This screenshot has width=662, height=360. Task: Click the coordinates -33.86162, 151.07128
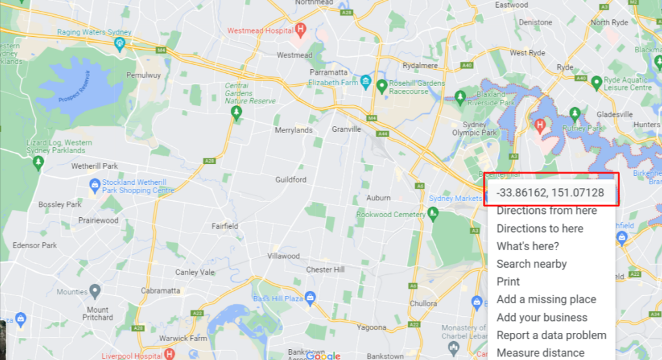click(550, 193)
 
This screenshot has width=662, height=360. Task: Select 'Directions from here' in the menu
click(546, 211)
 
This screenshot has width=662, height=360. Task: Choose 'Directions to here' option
click(540, 228)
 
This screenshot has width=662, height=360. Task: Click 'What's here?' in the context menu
click(528, 246)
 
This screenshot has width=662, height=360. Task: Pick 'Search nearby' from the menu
click(531, 264)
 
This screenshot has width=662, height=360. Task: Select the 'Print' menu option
click(508, 282)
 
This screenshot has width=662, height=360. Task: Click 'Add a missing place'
click(546, 299)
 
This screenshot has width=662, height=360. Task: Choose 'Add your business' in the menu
click(542, 317)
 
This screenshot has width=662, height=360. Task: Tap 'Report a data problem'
click(551, 335)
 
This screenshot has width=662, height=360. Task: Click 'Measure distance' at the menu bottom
click(540, 353)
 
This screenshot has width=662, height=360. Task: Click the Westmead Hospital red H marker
click(301, 29)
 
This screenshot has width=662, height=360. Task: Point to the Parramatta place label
click(329, 72)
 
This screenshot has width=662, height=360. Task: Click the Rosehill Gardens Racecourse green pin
click(382, 85)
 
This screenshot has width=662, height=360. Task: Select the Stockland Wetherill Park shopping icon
click(94, 185)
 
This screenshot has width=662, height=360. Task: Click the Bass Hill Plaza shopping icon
click(310, 297)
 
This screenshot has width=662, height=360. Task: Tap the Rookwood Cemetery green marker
click(434, 213)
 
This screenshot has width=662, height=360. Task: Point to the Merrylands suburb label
click(294, 130)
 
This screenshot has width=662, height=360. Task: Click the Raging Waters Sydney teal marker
click(120, 43)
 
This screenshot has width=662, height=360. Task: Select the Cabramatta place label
click(160, 290)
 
